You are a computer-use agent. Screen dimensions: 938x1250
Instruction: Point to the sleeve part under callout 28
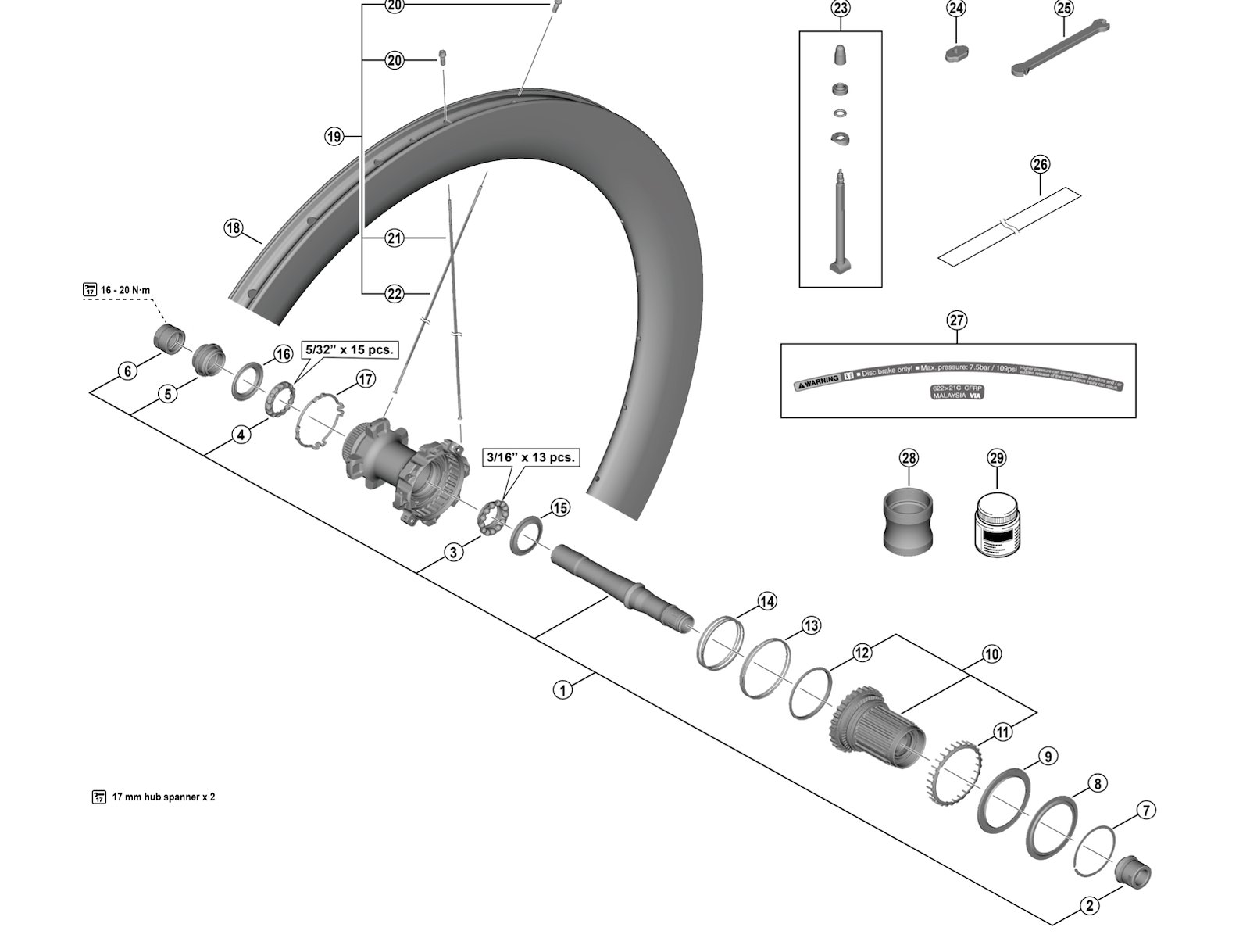(909, 520)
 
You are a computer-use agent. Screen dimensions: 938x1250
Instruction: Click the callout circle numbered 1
(563, 690)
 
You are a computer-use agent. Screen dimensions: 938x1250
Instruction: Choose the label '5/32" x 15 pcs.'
(348, 349)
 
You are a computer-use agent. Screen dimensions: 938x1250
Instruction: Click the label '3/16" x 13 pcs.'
(530, 457)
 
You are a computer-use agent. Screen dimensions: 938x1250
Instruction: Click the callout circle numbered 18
(233, 228)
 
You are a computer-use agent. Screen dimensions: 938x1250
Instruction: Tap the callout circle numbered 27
(957, 320)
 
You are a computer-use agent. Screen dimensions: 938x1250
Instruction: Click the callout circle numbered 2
(1090, 907)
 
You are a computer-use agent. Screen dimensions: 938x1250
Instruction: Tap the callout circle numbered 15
(560, 508)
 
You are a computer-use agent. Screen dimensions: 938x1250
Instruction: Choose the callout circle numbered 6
(128, 371)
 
